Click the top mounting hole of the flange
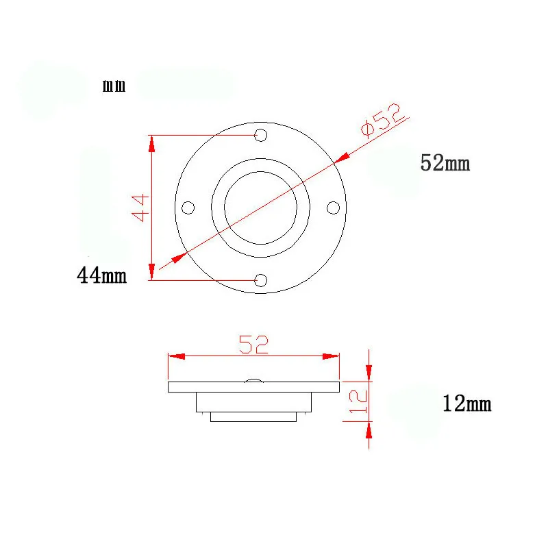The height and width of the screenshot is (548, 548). (x=261, y=135)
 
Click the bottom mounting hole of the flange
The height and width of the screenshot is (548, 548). (x=261, y=280)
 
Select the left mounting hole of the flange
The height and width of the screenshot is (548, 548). (x=188, y=208)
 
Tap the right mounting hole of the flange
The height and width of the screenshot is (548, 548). (x=333, y=208)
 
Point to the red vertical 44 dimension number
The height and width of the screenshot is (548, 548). (x=140, y=208)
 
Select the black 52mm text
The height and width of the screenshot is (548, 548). (x=445, y=163)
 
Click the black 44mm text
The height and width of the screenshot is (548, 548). (x=101, y=275)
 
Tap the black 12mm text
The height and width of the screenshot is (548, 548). (x=467, y=403)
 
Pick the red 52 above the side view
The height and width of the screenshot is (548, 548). (x=253, y=345)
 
